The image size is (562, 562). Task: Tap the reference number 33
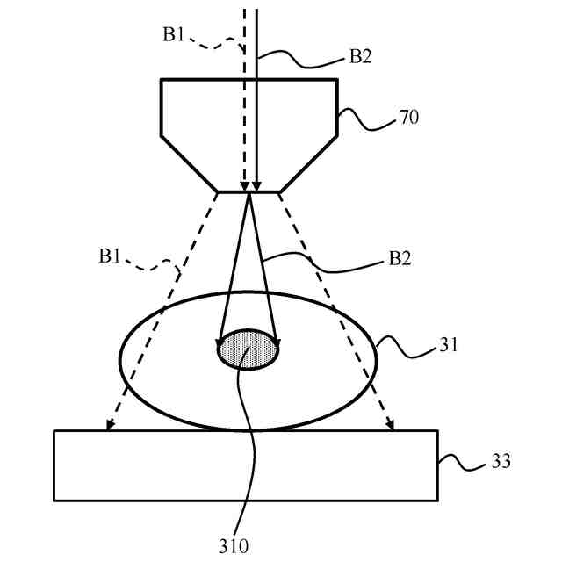(x=500, y=461)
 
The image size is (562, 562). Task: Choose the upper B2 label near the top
(x=361, y=57)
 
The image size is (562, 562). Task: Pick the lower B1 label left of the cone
(x=111, y=256)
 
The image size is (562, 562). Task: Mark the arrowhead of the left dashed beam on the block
(x=108, y=427)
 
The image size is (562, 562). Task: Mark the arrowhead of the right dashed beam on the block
(x=391, y=427)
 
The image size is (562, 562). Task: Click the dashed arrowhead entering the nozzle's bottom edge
(x=245, y=186)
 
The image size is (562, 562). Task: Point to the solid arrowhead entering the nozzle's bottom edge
(x=256, y=186)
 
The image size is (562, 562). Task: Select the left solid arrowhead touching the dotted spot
(x=220, y=343)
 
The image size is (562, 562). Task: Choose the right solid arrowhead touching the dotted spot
(x=277, y=343)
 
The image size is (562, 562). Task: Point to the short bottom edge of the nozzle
(x=249, y=191)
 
